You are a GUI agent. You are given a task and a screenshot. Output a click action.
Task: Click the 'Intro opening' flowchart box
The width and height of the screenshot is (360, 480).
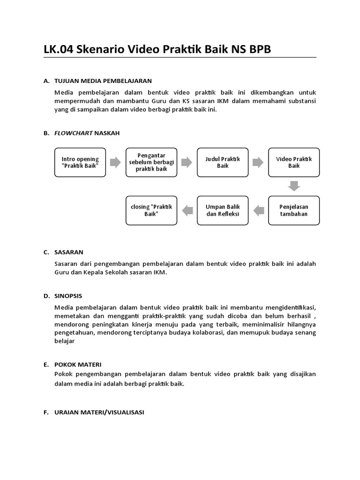80,163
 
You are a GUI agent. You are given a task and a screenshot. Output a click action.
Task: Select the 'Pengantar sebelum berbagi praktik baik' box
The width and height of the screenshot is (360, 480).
151,163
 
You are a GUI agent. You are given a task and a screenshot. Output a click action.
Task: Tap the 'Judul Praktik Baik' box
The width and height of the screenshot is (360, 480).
223,163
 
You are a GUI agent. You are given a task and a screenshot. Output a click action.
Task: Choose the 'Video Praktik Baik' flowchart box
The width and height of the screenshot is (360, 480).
294,163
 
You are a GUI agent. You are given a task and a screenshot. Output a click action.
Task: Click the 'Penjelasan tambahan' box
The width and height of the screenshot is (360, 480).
294,210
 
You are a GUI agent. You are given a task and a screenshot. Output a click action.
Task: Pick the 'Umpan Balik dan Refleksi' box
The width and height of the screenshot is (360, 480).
223,210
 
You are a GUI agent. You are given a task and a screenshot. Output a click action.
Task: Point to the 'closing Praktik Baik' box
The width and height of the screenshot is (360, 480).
151,210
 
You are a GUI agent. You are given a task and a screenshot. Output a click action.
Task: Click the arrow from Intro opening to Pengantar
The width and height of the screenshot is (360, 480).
115,163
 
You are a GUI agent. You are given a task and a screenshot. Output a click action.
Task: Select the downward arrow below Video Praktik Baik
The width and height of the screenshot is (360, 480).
294,186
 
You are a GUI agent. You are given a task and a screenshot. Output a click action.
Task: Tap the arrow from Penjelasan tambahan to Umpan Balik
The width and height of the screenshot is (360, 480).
258,210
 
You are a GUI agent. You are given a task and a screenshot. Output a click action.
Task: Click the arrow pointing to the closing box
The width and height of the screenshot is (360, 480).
187,210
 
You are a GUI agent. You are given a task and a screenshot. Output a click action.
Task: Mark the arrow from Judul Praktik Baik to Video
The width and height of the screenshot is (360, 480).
258,163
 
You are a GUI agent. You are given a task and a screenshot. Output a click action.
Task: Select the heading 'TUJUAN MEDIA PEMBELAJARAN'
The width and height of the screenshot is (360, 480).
103,81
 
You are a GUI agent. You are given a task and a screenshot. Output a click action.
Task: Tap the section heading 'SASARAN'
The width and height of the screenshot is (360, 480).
69,252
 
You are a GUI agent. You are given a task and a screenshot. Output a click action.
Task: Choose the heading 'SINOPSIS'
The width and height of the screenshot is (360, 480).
68,296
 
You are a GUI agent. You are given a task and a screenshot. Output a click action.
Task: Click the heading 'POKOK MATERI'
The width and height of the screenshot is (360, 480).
78,364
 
